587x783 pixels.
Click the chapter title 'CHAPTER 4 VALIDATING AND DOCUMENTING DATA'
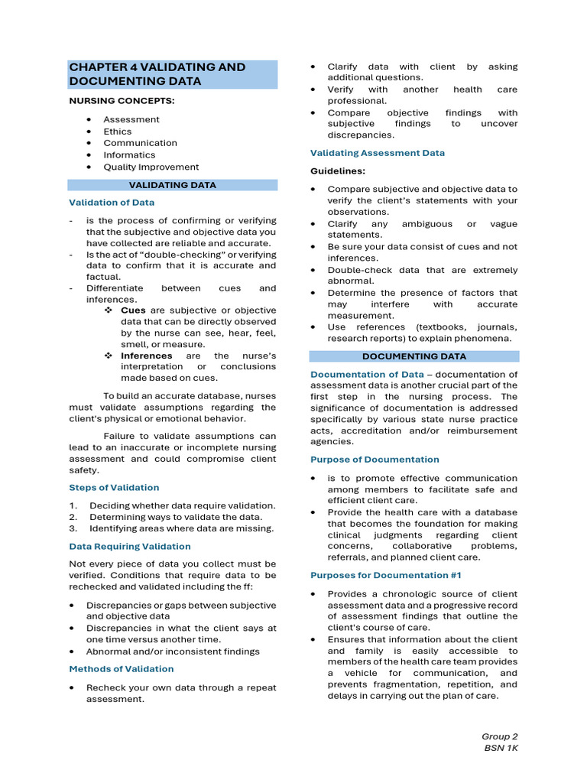coord(157,74)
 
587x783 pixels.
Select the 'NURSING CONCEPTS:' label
coord(122,101)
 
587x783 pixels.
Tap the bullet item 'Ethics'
coord(118,132)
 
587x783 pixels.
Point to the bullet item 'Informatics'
coord(129,155)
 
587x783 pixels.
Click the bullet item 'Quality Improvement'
coord(151,167)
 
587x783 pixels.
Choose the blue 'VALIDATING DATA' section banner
coord(172,185)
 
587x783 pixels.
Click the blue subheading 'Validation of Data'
coord(112,203)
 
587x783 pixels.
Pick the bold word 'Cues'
coord(133,310)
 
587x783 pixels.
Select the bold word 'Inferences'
coord(147,356)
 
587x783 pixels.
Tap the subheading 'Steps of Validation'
coord(114,488)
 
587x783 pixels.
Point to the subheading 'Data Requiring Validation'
coord(130,547)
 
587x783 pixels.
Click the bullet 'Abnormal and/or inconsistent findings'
coord(173,651)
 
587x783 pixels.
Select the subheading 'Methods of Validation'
coord(122,669)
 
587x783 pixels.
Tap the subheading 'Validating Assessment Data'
coord(377,153)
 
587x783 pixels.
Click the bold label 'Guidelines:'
coord(337,171)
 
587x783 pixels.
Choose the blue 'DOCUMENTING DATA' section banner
coord(413,356)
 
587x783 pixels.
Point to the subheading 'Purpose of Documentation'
coord(375,460)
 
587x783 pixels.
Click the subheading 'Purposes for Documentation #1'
coord(385,575)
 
